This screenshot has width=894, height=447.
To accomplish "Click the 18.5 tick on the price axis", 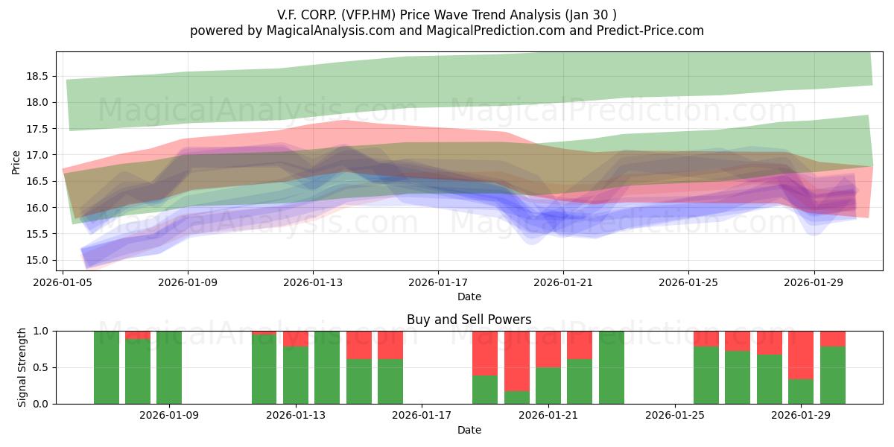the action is (37, 76).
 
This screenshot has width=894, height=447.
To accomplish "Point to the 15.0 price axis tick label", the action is (37, 261).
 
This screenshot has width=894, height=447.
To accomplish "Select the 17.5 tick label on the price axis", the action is (37, 129).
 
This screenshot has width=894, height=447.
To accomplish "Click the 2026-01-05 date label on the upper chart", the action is (63, 282).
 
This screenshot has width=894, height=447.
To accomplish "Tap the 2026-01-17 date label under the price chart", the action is (438, 282).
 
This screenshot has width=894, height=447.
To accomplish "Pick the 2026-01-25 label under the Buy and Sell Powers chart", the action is (675, 415).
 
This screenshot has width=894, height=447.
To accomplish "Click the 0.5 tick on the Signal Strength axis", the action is (40, 367).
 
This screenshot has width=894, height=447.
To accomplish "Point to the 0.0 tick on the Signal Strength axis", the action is (40, 404).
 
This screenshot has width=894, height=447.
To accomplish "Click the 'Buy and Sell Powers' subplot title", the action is (469, 320).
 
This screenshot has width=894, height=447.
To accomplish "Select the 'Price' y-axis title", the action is (16, 162).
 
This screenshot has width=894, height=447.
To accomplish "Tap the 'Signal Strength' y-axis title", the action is (22, 367).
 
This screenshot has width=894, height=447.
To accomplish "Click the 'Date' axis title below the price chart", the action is (469, 297).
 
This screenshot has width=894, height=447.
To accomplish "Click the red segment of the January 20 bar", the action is (517, 361).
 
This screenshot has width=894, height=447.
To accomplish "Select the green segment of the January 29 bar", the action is (801, 392).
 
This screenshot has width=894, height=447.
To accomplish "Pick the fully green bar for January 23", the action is (612, 367).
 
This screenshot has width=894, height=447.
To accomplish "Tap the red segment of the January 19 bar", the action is (485, 353).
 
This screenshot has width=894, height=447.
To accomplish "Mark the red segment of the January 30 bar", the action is (833, 339).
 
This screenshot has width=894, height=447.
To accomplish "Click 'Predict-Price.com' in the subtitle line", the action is (650, 31).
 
